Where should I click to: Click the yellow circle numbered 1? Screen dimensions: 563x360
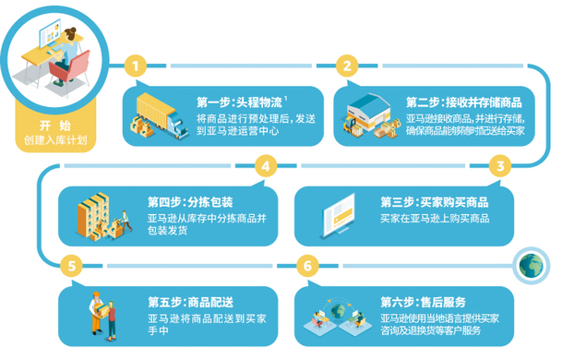[137, 66]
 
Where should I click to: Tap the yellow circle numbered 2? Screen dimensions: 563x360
[348, 66]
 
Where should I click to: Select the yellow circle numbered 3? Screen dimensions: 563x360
[500, 166]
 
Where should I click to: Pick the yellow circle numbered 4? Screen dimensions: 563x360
[267, 166]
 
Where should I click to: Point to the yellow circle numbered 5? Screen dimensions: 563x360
[70, 266]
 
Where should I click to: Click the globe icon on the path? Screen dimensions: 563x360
[530, 265]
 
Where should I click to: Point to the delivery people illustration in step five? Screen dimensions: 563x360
[102, 315]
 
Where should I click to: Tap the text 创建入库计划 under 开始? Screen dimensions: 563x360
[54, 140]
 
